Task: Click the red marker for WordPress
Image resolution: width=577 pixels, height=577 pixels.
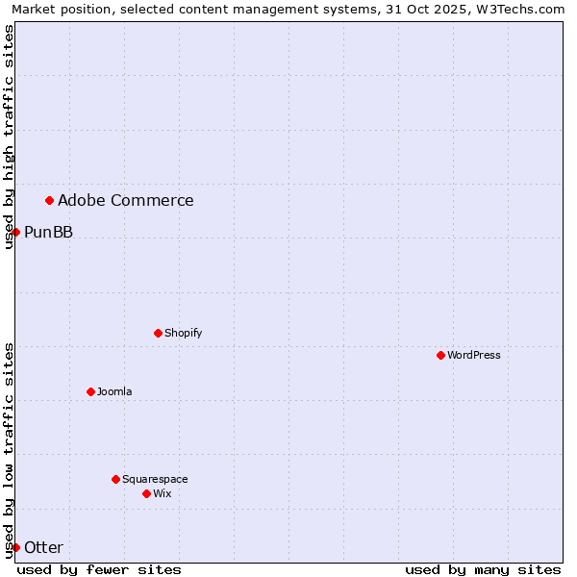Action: (x=440, y=355)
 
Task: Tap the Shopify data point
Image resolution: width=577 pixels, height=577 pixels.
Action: (x=158, y=333)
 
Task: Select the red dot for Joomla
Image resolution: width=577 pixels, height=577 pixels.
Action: (x=90, y=391)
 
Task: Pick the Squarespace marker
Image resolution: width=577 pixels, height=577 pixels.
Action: (x=115, y=479)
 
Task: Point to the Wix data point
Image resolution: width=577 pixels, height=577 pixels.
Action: (x=146, y=493)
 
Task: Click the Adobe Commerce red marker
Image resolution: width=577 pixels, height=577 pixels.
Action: (x=49, y=200)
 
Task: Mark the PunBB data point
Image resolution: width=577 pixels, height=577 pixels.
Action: (x=15, y=232)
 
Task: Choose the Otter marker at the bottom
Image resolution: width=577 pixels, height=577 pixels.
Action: (x=15, y=547)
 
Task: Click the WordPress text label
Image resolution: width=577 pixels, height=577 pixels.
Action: (x=474, y=355)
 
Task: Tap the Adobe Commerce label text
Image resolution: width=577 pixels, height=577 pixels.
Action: (x=125, y=200)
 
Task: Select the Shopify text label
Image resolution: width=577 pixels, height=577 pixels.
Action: (x=183, y=333)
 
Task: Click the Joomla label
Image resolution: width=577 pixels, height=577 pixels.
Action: (x=114, y=391)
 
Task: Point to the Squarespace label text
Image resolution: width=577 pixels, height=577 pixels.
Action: (x=155, y=479)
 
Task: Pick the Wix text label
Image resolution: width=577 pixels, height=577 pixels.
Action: (x=162, y=493)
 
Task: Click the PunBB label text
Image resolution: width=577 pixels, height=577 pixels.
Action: (x=48, y=232)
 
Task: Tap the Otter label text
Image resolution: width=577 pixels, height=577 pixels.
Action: (x=43, y=547)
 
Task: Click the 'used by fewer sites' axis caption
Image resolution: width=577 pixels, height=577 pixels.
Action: (x=99, y=569)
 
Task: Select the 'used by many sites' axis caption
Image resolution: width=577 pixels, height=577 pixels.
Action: (x=483, y=569)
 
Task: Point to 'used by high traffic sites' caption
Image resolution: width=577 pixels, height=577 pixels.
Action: (x=9, y=137)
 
